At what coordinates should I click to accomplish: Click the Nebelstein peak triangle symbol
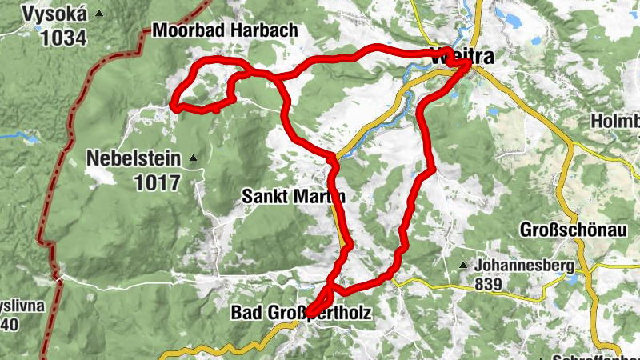[193, 159]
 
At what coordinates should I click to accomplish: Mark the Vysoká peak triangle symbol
[98, 14]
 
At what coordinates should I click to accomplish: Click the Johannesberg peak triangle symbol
[463, 266]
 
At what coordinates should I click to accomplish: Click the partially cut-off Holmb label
[615, 122]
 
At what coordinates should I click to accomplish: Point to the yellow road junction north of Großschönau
[571, 145]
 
